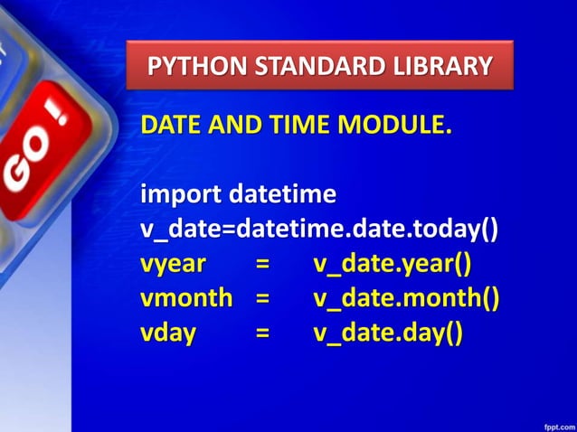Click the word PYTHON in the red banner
[x=187, y=66]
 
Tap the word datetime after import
[x=282, y=194]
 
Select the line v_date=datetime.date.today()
[x=319, y=229]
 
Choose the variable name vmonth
[x=186, y=298]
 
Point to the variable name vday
[x=168, y=333]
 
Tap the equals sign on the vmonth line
[x=262, y=298]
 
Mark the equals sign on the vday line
[x=262, y=333]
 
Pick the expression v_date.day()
[x=388, y=333]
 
